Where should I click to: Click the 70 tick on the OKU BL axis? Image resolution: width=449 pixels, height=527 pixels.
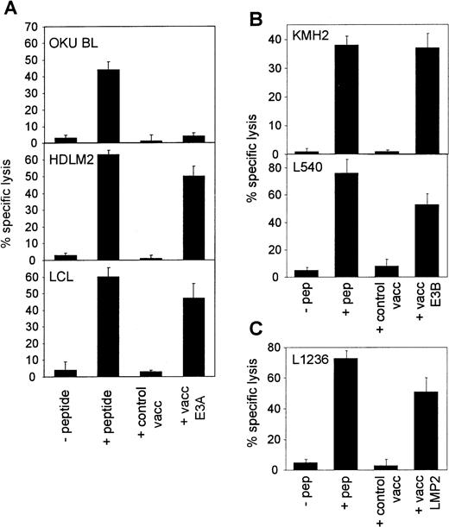(x=28, y=26)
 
